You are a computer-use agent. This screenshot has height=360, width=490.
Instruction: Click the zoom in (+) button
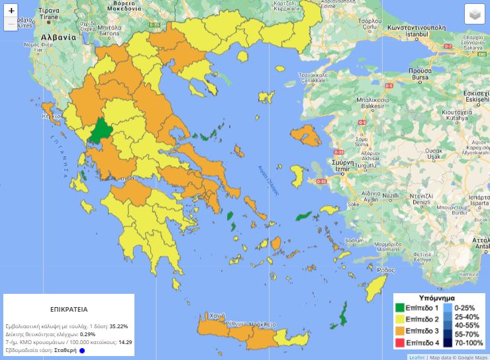(x=11, y=11)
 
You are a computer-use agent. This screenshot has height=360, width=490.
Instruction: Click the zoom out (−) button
(x=11, y=24)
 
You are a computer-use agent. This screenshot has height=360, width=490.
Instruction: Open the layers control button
(x=474, y=14)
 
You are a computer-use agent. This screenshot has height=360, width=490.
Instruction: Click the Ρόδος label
(x=385, y=270)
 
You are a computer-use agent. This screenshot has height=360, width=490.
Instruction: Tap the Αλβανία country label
(x=58, y=38)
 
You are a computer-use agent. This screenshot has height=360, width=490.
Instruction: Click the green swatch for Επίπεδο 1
(x=400, y=308)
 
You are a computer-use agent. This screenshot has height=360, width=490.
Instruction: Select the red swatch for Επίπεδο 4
(x=400, y=342)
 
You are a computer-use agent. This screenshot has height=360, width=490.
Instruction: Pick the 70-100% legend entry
(x=464, y=342)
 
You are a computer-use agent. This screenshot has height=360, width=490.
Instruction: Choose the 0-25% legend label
(x=464, y=308)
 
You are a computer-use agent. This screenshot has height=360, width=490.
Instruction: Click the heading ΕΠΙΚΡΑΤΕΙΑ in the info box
(x=69, y=309)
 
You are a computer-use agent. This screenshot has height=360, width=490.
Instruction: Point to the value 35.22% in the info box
(x=119, y=326)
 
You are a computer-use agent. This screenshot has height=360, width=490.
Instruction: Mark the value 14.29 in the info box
(x=125, y=342)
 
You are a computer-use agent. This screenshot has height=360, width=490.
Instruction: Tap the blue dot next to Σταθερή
(x=82, y=351)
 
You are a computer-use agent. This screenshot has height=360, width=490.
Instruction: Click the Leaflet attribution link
(x=417, y=357)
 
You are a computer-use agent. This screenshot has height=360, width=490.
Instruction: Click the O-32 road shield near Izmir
(x=321, y=181)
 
